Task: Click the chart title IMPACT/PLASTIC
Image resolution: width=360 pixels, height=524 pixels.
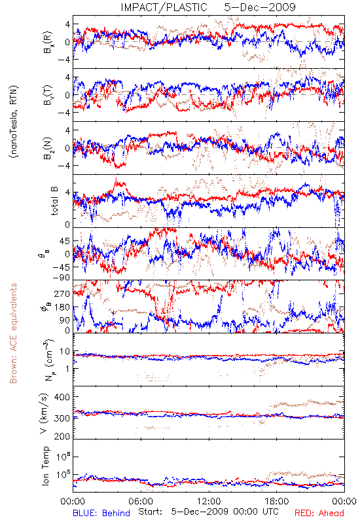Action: (x=164, y=7)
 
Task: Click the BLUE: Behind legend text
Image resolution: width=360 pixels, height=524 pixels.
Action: (x=101, y=513)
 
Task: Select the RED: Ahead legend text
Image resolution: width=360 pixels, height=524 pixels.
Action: (x=319, y=513)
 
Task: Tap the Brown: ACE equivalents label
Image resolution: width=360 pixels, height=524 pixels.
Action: (x=13, y=333)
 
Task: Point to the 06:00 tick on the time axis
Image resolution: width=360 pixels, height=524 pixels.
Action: (x=141, y=501)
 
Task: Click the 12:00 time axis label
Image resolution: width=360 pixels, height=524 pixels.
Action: (x=209, y=501)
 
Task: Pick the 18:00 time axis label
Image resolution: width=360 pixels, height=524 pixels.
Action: (x=277, y=501)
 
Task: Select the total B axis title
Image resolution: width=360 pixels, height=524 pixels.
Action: (x=54, y=201)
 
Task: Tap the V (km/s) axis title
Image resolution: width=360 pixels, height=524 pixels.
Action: (x=44, y=414)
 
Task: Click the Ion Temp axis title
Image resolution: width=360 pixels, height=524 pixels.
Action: (x=45, y=466)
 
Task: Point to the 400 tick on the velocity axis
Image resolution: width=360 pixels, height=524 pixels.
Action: (x=62, y=397)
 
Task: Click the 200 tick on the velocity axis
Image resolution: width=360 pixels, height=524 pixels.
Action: (x=62, y=436)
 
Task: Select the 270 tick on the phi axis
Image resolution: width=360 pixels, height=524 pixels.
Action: (x=62, y=293)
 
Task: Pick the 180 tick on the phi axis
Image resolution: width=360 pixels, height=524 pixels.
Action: (x=62, y=307)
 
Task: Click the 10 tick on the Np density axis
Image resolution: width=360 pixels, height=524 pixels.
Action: (x=65, y=352)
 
